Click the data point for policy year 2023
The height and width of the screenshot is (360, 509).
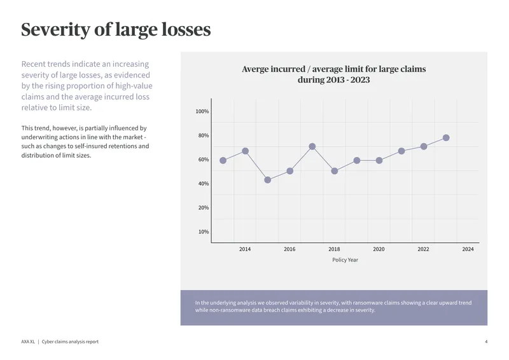[446, 137]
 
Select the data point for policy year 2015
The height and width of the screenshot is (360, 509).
[267, 180]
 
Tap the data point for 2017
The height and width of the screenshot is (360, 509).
[312, 146]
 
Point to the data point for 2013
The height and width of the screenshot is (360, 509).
[223, 160]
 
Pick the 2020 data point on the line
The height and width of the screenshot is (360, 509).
[379, 160]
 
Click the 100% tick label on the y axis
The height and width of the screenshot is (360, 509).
[202, 111]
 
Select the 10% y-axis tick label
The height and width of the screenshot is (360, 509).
[204, 232]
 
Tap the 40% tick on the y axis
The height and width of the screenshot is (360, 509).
[204, 184]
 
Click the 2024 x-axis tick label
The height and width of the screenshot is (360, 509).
[468, 249]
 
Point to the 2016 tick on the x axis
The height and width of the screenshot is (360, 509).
[289, 249]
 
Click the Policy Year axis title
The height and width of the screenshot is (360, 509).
[345, 260]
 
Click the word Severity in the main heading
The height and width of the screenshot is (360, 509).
[55, 30]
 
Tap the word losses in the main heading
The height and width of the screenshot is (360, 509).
[186, 29]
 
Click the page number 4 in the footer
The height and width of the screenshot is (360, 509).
[486, 342]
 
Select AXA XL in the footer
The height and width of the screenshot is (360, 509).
[28, 342]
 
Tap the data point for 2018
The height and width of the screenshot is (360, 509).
[335, 170]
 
